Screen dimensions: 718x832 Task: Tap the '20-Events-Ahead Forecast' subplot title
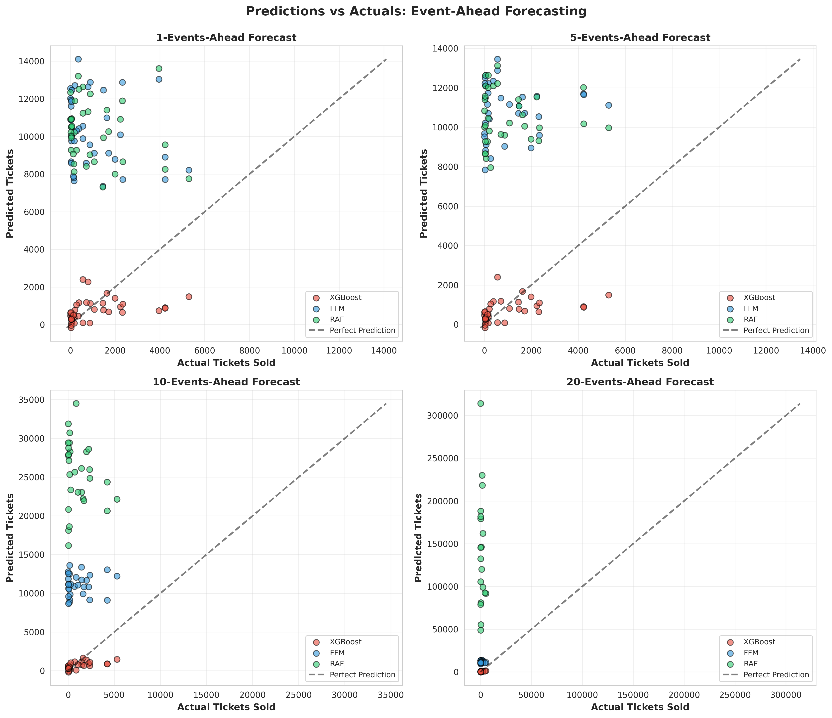click(640, 382)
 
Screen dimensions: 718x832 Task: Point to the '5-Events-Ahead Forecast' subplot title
click(640, 38)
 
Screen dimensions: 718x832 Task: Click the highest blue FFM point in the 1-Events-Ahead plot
click(78, 59)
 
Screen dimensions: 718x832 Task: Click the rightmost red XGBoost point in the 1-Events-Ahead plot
click(189, 297)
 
